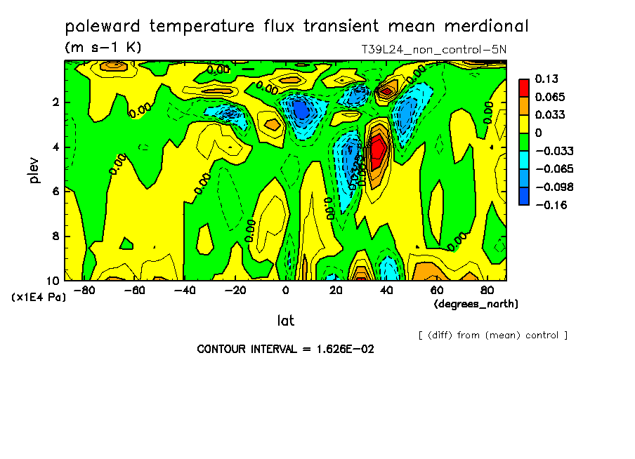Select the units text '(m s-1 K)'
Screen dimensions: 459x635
(x=103, y=48)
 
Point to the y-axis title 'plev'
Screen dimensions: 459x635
(x=34, y=170)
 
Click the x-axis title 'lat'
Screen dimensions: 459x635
(x=285, y=321)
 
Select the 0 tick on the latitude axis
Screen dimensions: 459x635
(x=285, y=290)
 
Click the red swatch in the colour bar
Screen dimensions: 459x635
(x=523, y=88)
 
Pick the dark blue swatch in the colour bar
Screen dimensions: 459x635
(x=523, y=196)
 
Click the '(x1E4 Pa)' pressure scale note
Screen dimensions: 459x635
(x=39, y=297)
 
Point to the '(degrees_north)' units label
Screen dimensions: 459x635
(x=476, y=304)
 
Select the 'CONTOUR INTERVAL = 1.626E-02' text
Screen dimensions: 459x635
(x=285, y=349)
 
